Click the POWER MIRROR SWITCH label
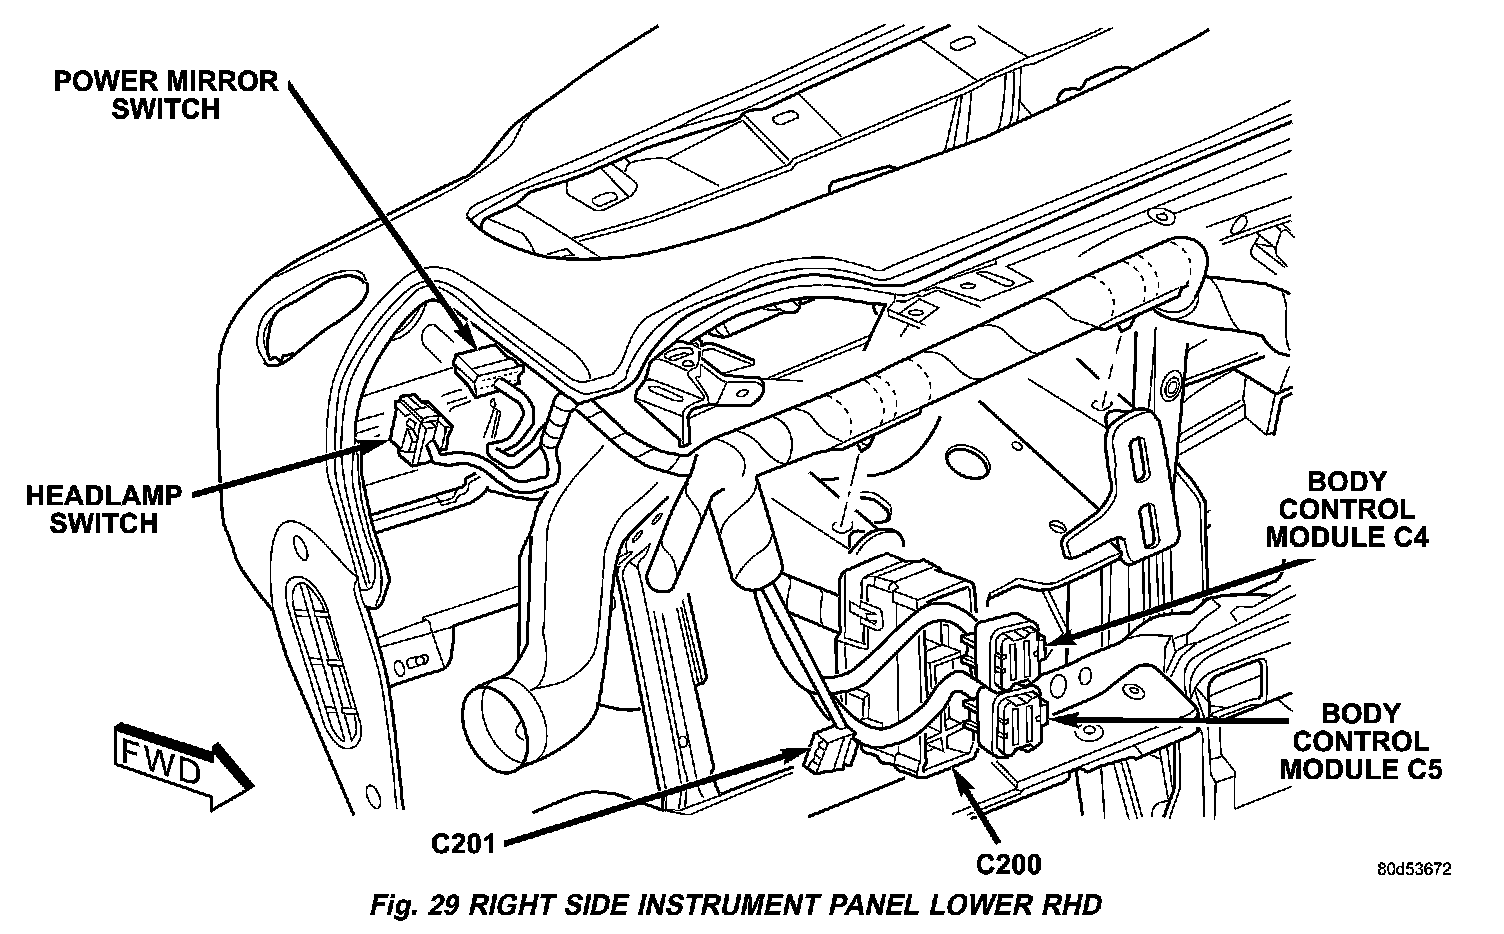(165, 94)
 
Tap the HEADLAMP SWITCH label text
(105, 508)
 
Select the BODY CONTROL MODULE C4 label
(1347, 510)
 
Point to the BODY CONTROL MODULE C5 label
(1354, 741)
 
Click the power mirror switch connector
(487, 372)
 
